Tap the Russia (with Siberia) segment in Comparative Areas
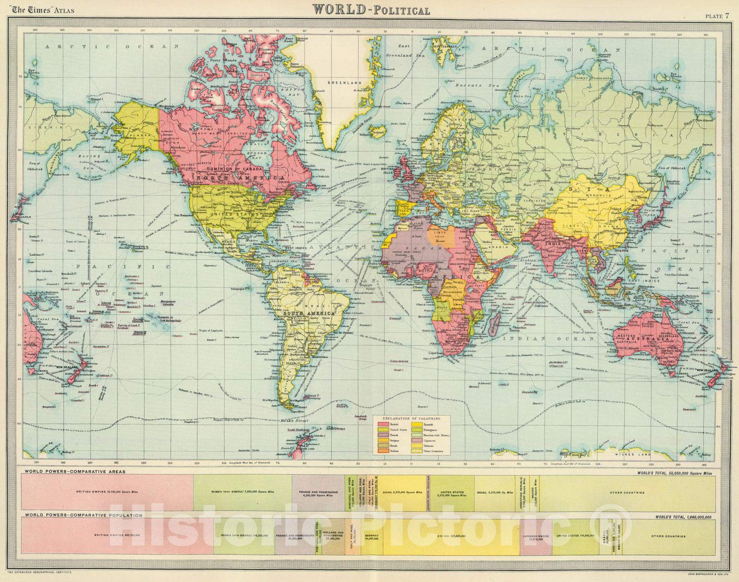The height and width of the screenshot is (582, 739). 242,492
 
